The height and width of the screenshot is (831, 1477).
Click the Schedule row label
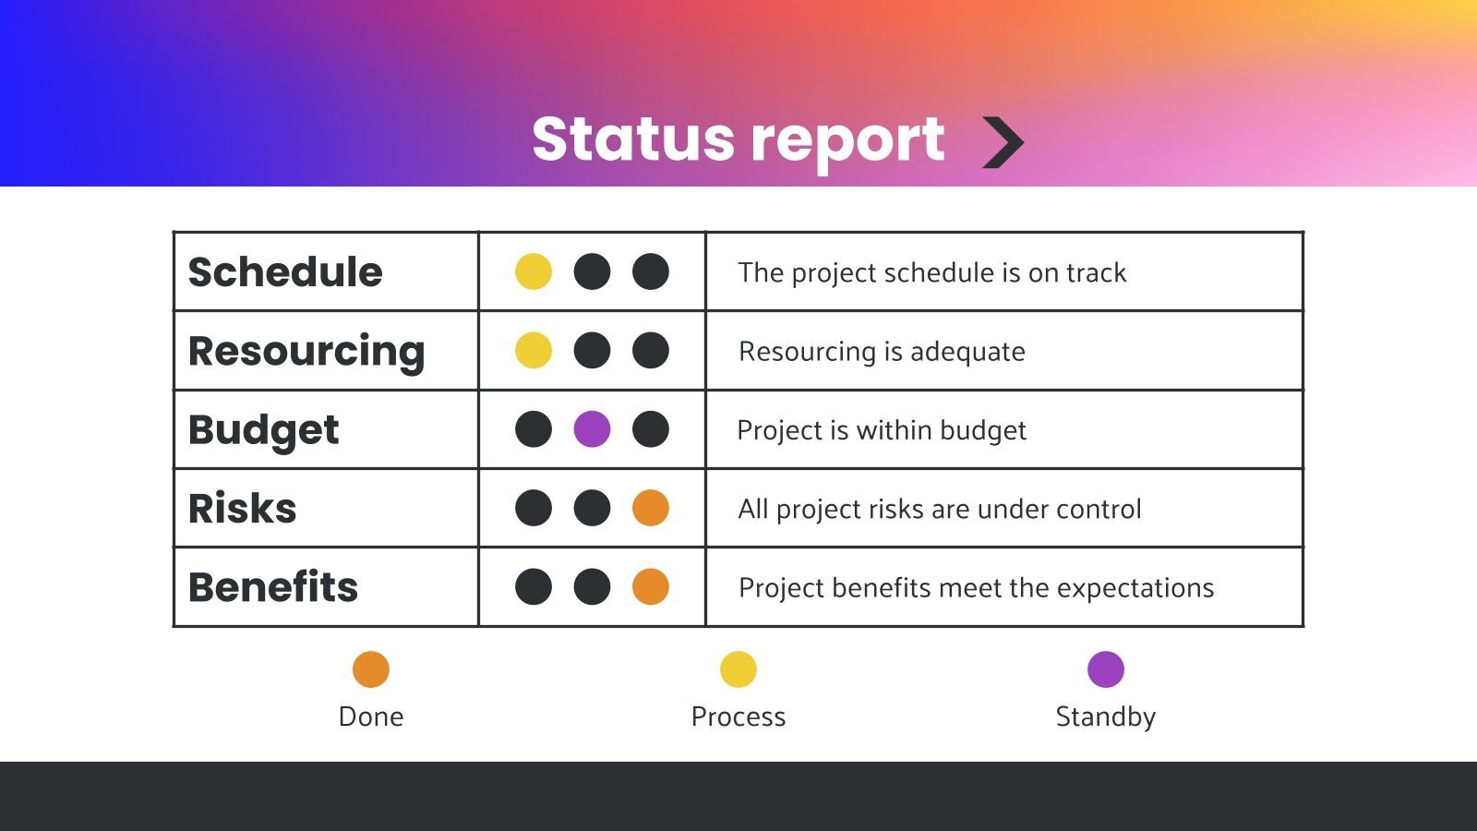pos(284,272)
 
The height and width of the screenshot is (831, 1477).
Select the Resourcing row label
pos(306,352)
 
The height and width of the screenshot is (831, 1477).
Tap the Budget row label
pos(263,430)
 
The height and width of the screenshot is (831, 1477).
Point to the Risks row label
pos(242,509)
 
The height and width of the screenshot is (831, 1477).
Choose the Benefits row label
pos(272,587)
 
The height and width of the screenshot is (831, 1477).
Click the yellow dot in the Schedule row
pos(534,272)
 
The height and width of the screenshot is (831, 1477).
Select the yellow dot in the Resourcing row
pos(534,351)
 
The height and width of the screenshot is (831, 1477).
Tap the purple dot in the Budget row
pos(592,429)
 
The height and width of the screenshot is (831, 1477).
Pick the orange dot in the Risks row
pos(651,508)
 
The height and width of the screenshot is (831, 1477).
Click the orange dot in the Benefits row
pos(651,587)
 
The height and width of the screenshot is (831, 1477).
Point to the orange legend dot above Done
pos(371,669)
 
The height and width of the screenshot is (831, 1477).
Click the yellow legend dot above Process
pos(738,669)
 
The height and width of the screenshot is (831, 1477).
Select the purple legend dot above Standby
pos(1106,669)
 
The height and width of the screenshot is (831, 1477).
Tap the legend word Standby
pos(1106,717)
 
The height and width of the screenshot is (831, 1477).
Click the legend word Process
pos(738,717)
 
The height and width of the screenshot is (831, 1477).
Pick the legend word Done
pos(371,717)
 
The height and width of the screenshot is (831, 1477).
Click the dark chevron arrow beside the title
pos(1003,142)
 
